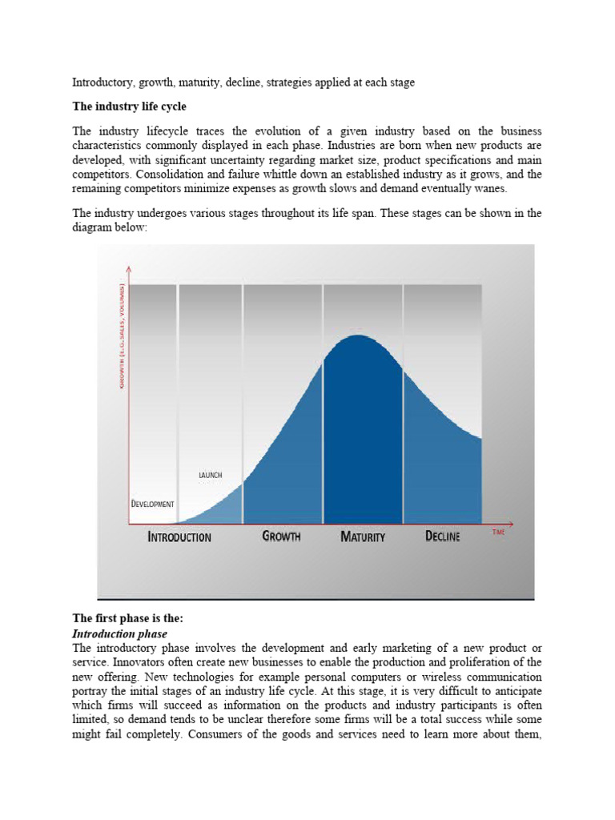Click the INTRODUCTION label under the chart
[179, 537]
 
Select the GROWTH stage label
[281, 537]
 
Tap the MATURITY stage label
[363, 537]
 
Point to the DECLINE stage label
[442, 537]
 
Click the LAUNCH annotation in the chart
[210, 475]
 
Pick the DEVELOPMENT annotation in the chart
[152, 504]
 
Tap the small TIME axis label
[498, 531]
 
